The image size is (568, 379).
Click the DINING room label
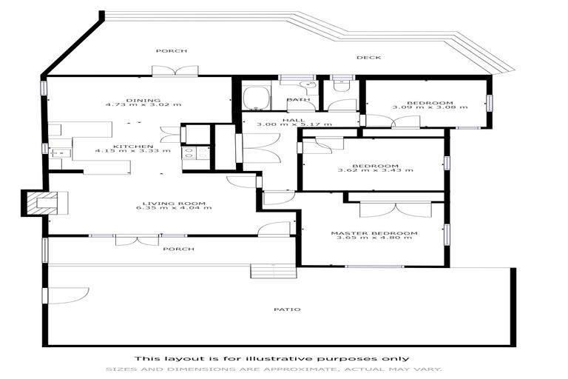(133, 99)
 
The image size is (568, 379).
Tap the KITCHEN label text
(133, 146)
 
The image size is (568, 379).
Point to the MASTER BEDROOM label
(373, 233)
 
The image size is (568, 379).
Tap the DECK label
(368, 57)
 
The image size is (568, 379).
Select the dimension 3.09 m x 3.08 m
(419, 107)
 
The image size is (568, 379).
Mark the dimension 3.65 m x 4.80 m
(373, 238)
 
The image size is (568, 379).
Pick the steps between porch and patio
(272, 271)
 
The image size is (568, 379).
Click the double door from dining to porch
(175, 71)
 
